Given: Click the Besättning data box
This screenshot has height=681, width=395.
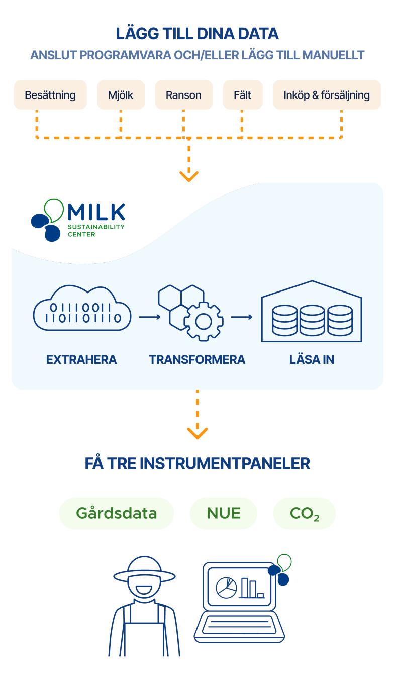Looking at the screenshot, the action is pyautogui.click(x=50, y=95).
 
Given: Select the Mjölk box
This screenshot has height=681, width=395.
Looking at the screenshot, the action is pyautogui.click(x=121, y=95).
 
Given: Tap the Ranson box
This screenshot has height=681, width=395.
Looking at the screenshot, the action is pyautogui.click(x=183, y=95).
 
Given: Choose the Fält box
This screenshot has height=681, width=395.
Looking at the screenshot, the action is pyautogui.click(x=243, y=95).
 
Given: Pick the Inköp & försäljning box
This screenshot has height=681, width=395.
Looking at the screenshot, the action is pyautogui.click(x=327, y=95).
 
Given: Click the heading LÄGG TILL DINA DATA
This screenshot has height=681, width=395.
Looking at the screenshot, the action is pyautogui.click(x=197, y=34).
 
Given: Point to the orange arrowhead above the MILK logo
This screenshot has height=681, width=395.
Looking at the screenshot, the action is pyautogui.click(x=189, y=176).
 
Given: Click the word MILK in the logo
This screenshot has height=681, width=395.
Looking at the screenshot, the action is pyautogui.click(x=96, y=212).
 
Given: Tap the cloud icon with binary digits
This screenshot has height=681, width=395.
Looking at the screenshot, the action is pyautogui.click(x=82, y=308).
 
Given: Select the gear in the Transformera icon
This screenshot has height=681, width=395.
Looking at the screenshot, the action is pyautogui.click(x=204, y=322).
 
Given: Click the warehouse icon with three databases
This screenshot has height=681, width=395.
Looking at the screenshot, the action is pyautogui.click(x=312, y=311).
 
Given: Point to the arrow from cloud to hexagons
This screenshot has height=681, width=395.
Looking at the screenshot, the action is pyautogui.click(x=150, y=317).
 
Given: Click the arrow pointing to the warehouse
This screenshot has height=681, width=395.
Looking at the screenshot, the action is pyautogui.click(x=242, y=317).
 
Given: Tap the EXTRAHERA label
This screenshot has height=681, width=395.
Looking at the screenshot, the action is pyautogui.click(x=81, y=360).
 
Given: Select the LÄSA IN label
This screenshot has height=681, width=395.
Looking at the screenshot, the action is pyautogui.click(x=312, y=360).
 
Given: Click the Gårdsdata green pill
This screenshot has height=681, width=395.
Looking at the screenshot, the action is pyautogui.click(x=117, y=514).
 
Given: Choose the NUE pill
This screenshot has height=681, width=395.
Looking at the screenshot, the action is pyautogui.click(x=224, y=514).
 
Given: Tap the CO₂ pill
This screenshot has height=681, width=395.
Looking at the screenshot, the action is pyautogui.click(x=305, y=514).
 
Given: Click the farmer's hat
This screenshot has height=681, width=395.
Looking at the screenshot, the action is pyautogui.click(x=144, y=569).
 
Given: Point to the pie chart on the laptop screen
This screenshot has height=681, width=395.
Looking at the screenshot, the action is pyautogui.click(x=226, y=588).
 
